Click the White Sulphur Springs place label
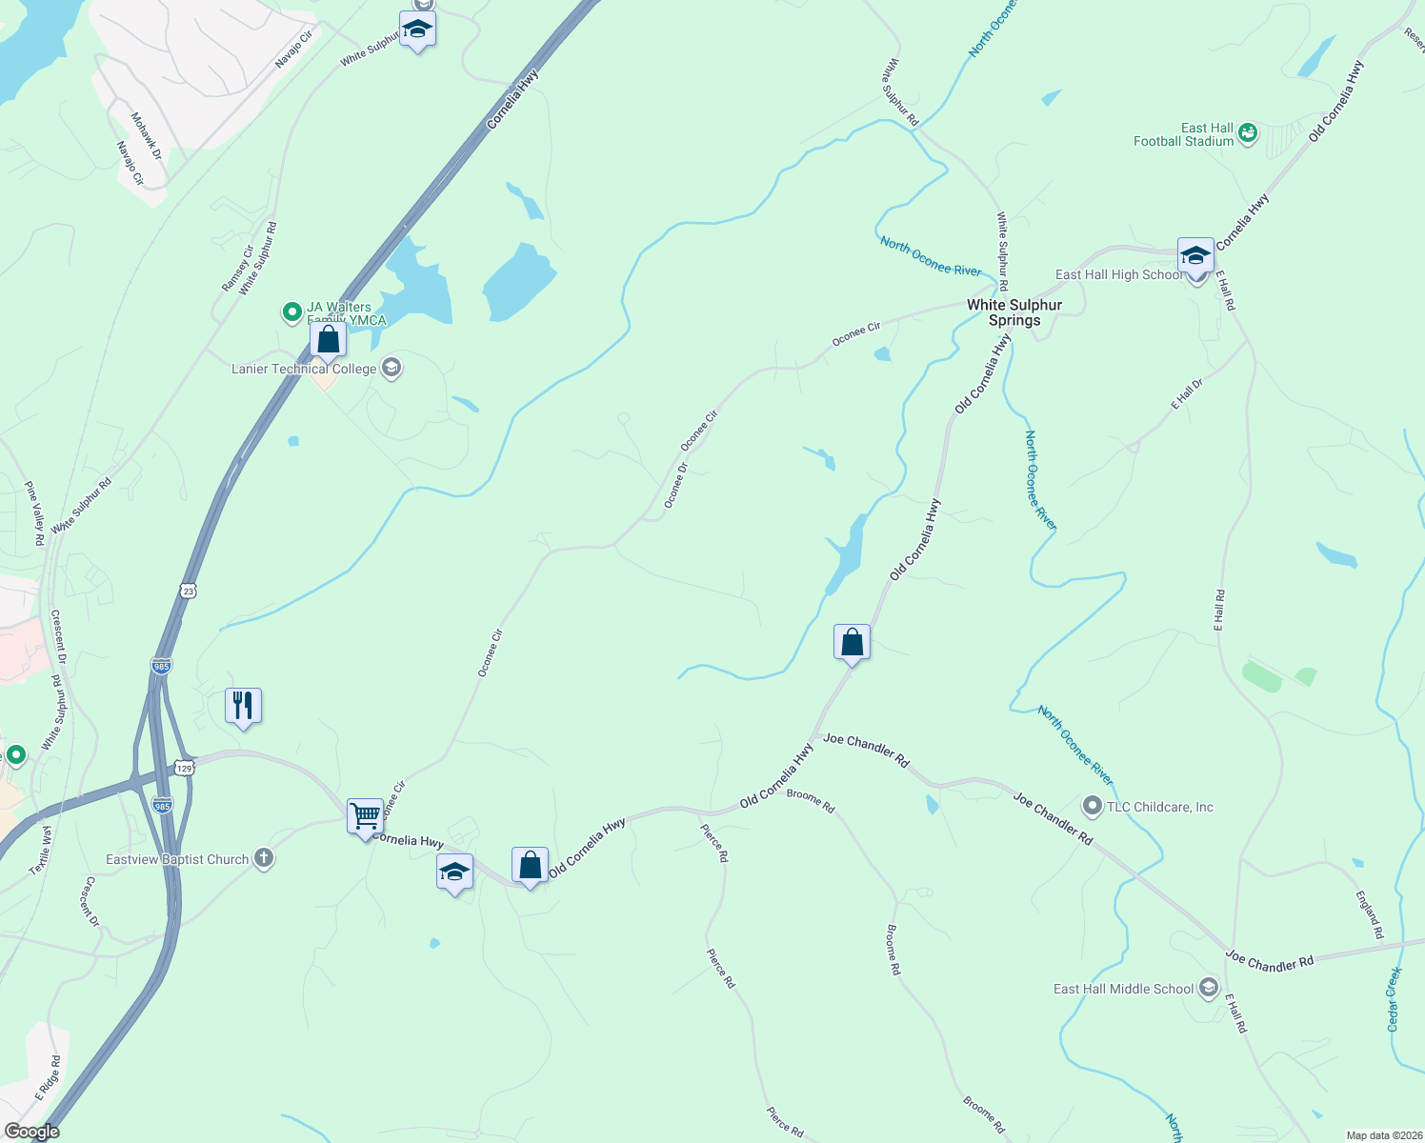click(1014, 312)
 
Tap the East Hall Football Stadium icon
click(1248, 133)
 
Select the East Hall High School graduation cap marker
click(1195, 255)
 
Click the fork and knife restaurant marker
click(243, 706)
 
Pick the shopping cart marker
click(365, 816)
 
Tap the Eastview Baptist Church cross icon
click(264, 859)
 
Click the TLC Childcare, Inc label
click(1159, 807)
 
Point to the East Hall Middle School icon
click(1209, 989)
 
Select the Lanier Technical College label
click(304, 369)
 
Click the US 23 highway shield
click(188, 592)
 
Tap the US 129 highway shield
click(184, 767)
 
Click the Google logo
click(31, 1131)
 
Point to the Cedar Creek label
click(1394, 999)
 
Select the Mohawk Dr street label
click(147, 135)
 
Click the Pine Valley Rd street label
click(35, 513)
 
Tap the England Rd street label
click(1370, 914)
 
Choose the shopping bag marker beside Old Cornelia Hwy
click(852, 643)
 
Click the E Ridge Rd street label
click(49, 1077)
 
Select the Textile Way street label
click(42, 851)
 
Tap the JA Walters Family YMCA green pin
click(291, 311)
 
